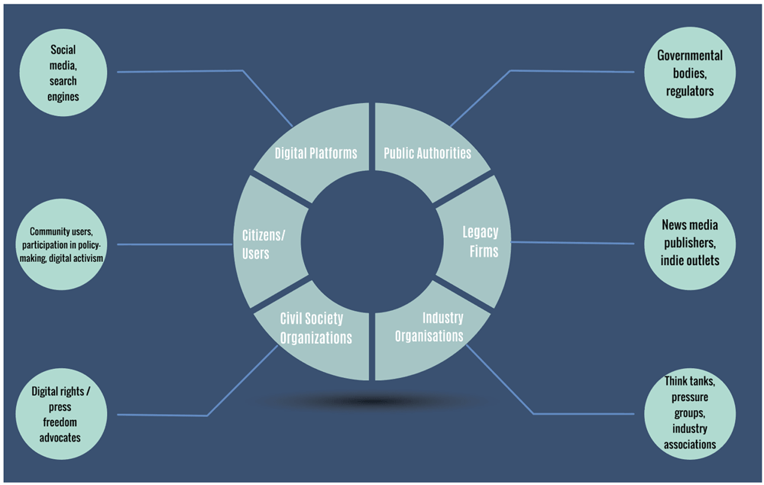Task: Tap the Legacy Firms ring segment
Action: pyautogui.click(x=475, y=241)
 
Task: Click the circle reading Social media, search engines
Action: pyautogui.click(x=63, y=73)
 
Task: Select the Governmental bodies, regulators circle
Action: pyautogui.click(x=689, y=73)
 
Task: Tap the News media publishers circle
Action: pyautogui.click(x=689, y=244)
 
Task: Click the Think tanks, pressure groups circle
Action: pyautogui.click(x=689, y=413)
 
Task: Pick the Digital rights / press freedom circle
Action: pyautogui.click(x=61, y=414)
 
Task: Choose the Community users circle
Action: pyautogui.click(x=61, y=244)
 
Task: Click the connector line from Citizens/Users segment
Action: pyautogui.click(x=175, y=244)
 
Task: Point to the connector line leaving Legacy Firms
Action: pyautogui.click(x=572, y=243)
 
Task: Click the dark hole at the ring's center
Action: pyautogui.click(x=372, y=241)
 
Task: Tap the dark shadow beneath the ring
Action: pyautogui.click(x=373, y=401)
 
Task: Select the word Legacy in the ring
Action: pyautogui.click(x=481, y=232)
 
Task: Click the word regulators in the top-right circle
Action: pyautogui.click(x=689, y=91)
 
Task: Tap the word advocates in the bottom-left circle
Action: pyautogui.click(x=60, y=438)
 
